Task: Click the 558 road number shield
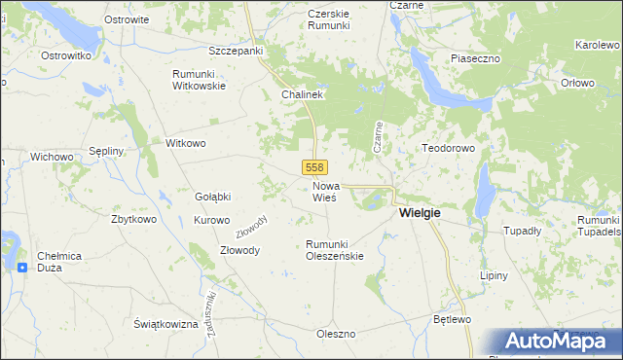point(313,168)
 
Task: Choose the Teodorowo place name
point(447,149)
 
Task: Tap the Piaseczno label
point(475,58)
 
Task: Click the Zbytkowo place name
point(133,219)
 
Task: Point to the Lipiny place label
point(495,275)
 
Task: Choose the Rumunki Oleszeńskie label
point(334,250)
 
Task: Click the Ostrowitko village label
point(66,56)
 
